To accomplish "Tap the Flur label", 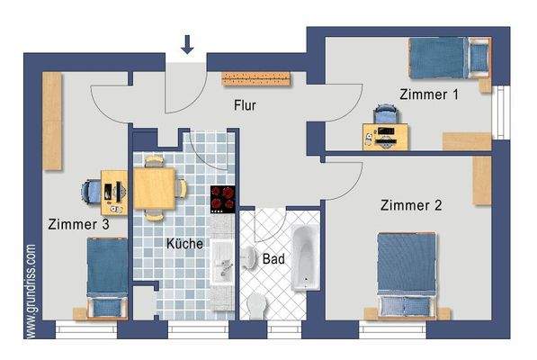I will pos(244,106).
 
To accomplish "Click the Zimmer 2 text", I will pos(410,204).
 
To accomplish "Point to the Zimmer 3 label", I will pos(79,225).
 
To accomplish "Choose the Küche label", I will pos(184,244).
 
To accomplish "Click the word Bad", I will pos(273,259).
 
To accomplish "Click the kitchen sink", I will pos(222,267).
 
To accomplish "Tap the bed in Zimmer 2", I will pos(407,274).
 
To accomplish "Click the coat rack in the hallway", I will pos(259,78).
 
